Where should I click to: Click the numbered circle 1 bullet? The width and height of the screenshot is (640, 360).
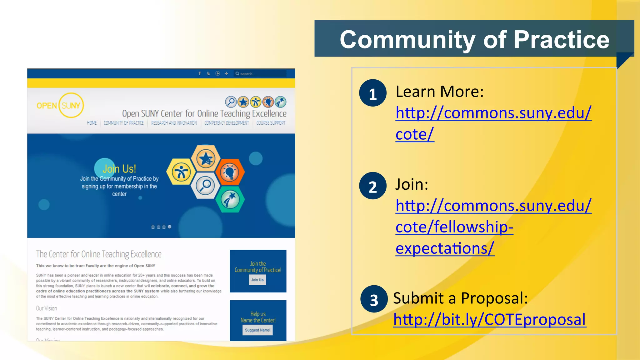(372, 93)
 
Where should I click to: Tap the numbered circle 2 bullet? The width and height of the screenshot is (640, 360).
(372, 186)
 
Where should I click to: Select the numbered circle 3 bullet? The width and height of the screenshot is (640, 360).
(374, 299)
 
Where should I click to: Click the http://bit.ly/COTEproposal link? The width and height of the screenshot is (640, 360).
(489, 319)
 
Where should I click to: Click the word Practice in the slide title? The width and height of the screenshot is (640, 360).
(562, 40)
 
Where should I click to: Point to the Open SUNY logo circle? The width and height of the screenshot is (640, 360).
(71, 105)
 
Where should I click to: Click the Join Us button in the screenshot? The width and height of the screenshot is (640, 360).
(257, 280)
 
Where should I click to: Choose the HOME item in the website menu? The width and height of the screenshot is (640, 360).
(92, 123)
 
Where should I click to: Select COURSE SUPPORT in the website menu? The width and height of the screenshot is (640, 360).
(271, 123)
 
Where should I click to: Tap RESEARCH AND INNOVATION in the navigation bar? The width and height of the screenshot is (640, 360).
(174, 123)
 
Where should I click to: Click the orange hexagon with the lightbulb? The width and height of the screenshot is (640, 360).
(230, 172)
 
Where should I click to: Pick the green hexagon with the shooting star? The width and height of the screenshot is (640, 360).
(230, 199)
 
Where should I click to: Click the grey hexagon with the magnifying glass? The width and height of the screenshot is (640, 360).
(205, 185)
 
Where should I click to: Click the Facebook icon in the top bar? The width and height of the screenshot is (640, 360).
(200, 73)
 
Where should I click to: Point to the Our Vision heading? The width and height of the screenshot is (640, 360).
(47, 308)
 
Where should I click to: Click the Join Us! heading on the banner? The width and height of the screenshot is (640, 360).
(119, 169)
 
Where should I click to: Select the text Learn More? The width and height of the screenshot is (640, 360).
(439, 92)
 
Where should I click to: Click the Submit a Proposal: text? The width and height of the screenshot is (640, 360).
(460, 298)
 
